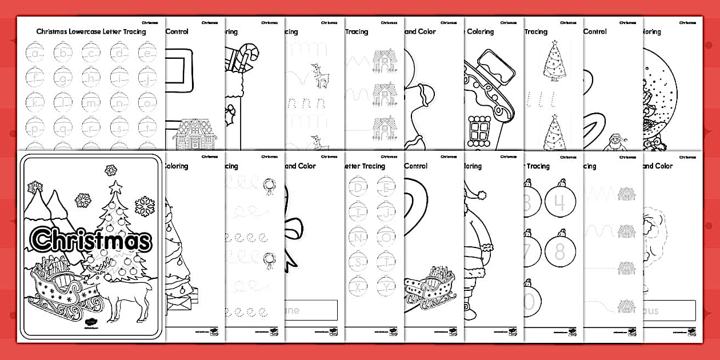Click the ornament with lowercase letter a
[x=35, y=54]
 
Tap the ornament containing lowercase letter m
[x=90, y=103]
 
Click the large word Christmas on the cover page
[x=91, y=240]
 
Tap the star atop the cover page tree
[x=117, y=186]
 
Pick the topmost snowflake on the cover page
[x=110, y=170]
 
